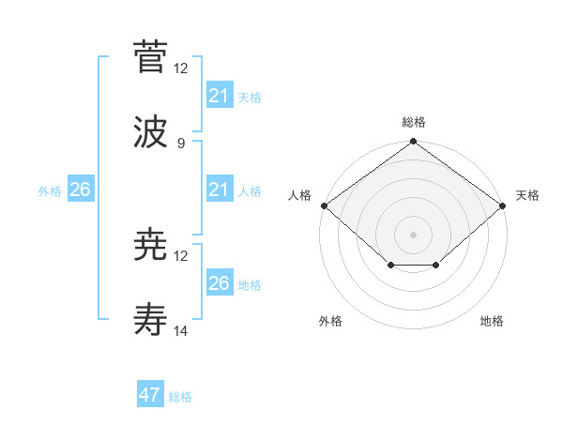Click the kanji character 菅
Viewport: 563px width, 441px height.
150,57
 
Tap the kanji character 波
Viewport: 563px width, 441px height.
150,132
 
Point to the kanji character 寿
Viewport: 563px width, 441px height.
150,321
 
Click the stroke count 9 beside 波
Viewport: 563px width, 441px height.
180,143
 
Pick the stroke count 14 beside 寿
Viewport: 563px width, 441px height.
181,331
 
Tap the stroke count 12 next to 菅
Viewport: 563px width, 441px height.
181,68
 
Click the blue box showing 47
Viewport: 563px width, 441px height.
150,395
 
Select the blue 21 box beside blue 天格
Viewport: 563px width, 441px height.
219,96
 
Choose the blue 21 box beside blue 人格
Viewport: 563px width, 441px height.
219,190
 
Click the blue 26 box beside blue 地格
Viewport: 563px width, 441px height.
219,283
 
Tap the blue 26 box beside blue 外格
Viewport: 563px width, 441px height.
80,190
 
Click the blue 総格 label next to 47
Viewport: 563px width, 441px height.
180,397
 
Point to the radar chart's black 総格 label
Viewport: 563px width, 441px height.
414,122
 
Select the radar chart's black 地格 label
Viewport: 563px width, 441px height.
492,321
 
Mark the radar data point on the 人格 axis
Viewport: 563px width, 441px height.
323,205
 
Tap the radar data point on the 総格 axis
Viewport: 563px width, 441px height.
414,143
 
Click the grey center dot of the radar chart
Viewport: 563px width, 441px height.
414,234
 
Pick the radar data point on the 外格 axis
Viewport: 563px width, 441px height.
391,266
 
